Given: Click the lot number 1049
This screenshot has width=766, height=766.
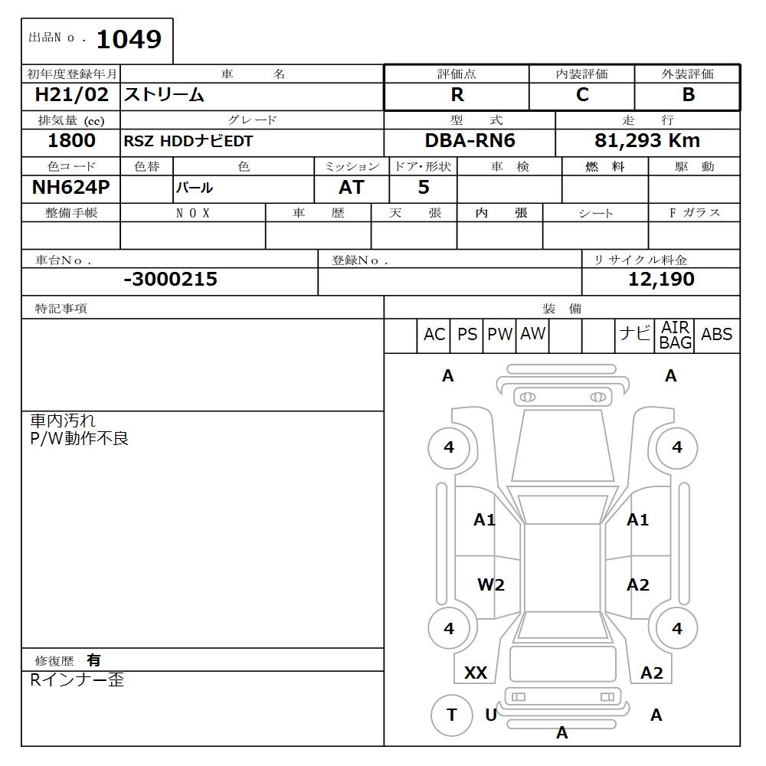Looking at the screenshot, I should pos(128,39).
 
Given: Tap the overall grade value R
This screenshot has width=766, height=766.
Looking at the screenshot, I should pos(457,96).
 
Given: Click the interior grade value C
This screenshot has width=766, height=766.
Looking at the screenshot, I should pos(582,95).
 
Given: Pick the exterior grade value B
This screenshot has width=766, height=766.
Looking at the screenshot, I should pos(688,95).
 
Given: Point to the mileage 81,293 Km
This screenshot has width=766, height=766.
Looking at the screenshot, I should pos(647,141).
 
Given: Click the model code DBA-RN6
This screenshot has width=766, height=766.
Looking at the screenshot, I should pos(470,141).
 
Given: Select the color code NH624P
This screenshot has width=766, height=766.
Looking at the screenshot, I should pos(71,188).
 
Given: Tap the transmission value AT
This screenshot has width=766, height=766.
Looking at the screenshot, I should pos(352,188).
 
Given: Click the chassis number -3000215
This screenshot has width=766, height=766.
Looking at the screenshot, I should pos(170,280).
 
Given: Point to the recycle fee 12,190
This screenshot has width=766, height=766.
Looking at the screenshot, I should pos(661,280).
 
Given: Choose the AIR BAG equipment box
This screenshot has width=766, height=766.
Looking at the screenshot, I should pos(675,336).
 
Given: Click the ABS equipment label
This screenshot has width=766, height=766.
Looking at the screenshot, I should pos(717,335).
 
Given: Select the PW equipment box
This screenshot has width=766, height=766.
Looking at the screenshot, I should pos(499,335).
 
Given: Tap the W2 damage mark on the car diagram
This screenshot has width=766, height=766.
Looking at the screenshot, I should pos(491,585).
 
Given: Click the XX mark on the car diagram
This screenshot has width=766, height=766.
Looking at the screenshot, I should pos(476,673).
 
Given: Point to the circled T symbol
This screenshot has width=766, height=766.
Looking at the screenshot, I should pos(451,715).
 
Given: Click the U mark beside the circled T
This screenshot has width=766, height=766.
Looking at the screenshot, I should pos(491,715).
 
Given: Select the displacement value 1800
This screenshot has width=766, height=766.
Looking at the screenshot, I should pos(71,141).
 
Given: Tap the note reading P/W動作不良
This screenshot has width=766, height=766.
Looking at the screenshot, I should pos(79,439).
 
